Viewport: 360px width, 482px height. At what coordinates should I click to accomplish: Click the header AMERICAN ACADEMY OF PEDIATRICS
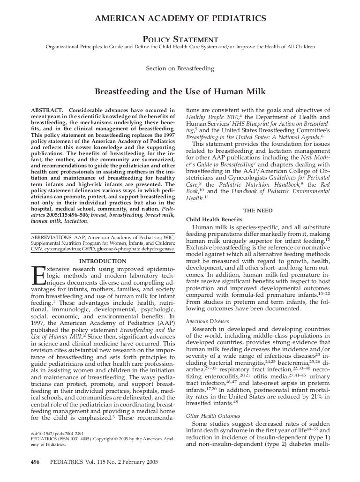click(180, 18)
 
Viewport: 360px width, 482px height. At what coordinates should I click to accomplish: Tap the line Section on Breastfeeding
click(180, 68)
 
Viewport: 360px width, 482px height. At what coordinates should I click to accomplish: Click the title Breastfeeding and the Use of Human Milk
click(180, 92)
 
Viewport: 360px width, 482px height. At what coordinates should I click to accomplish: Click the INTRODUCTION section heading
click(103, 261)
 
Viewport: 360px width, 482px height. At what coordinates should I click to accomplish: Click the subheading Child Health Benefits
click(214, 219)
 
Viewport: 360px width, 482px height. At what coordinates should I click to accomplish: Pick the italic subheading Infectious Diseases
click(207, 321)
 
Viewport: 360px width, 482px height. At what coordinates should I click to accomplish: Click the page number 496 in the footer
click(35, 461)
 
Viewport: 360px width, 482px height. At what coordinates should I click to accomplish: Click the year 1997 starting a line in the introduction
click(39, 324)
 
